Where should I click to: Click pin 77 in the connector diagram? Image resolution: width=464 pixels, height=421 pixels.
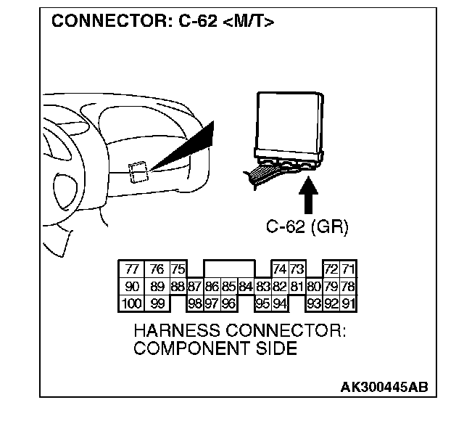click(x=131, y=270)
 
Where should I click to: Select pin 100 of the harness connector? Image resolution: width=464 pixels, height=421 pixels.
click(x=131, y=303)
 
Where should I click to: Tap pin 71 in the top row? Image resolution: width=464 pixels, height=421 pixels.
click(x=348, y=270)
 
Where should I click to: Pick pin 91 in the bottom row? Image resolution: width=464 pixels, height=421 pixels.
click(x=348, y=303)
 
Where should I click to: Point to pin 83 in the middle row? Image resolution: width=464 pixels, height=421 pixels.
click(x=262, y=287)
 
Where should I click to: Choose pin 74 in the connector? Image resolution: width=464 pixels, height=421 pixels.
click(x=279, y=270)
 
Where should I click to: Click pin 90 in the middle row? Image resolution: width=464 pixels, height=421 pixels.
click(x=131, y=287)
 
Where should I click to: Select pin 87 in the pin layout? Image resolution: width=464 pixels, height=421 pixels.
click(x=194, y=287)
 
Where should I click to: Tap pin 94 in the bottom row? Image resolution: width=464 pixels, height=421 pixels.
click(x=279, y=303)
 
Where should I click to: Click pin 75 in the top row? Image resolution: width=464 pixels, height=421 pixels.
click(x=178, y=270)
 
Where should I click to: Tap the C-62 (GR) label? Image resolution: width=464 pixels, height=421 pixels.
click(x=306, y=227)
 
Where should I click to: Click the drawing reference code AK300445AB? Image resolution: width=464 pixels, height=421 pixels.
click(x=384, y=386)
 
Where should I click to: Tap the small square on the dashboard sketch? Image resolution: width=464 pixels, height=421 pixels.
click(x=138, y=172)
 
